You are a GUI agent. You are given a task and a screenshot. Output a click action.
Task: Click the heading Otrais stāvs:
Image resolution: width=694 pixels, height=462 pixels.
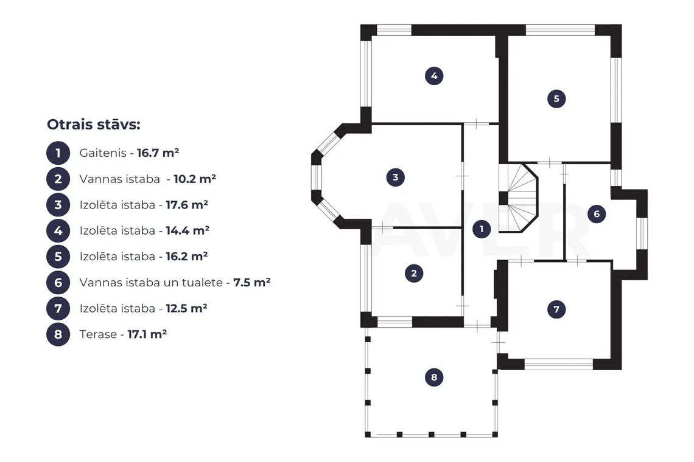pos(93,125)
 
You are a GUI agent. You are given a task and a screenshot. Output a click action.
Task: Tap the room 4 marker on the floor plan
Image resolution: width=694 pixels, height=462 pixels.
pos(434,75)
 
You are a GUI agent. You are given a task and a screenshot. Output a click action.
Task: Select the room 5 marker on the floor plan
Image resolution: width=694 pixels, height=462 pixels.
pos(556,98)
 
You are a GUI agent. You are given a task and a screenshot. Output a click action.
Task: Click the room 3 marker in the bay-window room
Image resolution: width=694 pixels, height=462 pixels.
pos(395,178)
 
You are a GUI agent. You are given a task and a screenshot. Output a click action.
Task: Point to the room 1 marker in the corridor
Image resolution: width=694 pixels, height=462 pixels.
pos(482,229)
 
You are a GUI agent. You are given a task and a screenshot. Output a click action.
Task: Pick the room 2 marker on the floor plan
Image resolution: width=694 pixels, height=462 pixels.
pos(414,273)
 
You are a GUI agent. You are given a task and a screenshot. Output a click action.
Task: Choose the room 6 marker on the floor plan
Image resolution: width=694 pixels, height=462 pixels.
pos(597,214)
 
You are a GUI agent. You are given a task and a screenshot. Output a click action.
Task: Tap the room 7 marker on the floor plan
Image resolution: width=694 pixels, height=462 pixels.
pos(556,309)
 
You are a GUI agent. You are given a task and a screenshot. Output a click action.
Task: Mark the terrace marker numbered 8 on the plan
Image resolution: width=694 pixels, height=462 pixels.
pos(433,377)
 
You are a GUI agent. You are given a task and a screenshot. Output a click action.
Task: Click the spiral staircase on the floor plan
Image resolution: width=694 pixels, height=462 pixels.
pos(519,198)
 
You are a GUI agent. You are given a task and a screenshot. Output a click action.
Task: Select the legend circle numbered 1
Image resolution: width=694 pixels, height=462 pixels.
pos(58,153)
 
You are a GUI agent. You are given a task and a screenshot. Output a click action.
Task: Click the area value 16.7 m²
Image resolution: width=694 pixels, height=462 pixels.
pos(158,153)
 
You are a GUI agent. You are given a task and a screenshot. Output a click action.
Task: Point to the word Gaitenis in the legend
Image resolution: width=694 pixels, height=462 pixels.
pos(103,153)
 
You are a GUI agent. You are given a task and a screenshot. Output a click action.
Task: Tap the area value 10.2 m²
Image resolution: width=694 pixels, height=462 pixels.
pos(195,179)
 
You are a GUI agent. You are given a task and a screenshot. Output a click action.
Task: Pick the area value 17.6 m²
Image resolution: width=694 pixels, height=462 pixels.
pos(187,205)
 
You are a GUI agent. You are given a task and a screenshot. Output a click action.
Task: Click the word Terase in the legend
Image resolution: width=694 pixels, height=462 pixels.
pos(98,334)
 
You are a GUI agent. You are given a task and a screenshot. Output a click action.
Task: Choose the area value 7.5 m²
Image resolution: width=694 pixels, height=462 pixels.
pos(252,283)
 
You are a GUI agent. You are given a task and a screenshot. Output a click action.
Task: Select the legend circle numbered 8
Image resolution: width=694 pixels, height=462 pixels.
pos(58,334)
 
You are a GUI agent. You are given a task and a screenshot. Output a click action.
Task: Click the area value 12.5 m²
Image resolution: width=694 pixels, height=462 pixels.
pos(186,308)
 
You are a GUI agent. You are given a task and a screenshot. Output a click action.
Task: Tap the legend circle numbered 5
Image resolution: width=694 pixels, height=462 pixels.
pos(58,257)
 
